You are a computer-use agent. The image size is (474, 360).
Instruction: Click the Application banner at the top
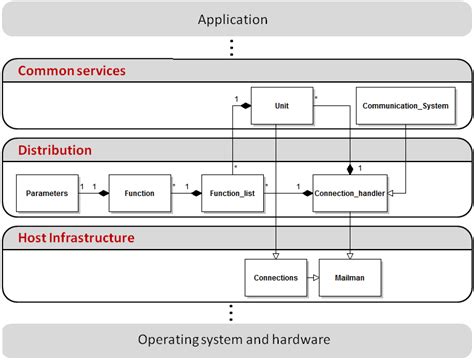pyautogui.click(x=232, y=19)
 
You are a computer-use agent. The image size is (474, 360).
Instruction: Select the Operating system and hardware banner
pyautogui.click(x=232, y=339)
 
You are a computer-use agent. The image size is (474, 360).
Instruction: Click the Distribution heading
pyautogui.click(x=55, y=150)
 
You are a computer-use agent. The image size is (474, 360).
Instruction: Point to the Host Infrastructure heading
pyautogui.click(x=76, y=238)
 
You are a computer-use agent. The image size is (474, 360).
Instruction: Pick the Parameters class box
pyautogui.click(x=46, y=192)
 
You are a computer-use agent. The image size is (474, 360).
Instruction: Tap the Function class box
pyautogui.click(x=139, y=192)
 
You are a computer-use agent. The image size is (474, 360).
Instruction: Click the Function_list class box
pyautogui.click(x=232, y=192)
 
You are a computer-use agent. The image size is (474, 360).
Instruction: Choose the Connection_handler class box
pyautogui.click(x=349, y=192)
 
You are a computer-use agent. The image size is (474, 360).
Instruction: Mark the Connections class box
pyautogui.click(x=275, y=277)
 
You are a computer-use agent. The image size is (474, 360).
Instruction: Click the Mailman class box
pyautogui.click(x=349, y=277)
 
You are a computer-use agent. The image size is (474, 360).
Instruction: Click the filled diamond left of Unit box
pyautogui.click(x=243, y=103)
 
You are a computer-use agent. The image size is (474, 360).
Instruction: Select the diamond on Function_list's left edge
pyautogui.click(x=197, y=192)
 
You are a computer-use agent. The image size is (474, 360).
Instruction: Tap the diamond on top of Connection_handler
pyautogui.click(x=349, y=171)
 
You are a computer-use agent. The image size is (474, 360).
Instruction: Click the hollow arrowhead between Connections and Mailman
pyautogui.click(x=314, y=277)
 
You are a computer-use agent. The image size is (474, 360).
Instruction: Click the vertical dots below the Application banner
pyautogui.click(x=232, y=47)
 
